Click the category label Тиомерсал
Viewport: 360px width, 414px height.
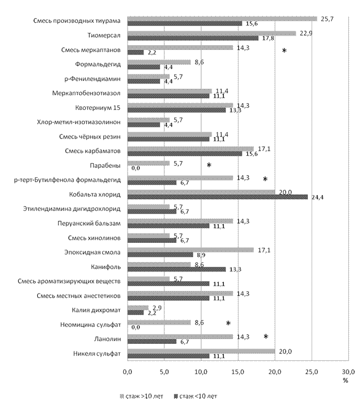(104, 36)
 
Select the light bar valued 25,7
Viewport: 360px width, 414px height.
(222, 19)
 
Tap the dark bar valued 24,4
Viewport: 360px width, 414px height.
(217, 197)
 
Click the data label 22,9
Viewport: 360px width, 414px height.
(306, 33)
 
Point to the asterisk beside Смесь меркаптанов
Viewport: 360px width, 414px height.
(284, 50)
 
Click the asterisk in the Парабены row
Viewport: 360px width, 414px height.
(209, 165)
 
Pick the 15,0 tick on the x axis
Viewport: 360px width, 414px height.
(238, 372)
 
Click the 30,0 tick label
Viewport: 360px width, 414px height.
(348, 372)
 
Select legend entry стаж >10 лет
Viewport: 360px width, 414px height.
(141, 396)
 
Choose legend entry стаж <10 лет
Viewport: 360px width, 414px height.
(196, 396)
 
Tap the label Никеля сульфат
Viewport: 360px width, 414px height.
(97, 353)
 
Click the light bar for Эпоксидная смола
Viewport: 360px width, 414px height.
(190, 250)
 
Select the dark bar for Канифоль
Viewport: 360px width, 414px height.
(177, 269)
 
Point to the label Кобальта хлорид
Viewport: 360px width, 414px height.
(95, 195)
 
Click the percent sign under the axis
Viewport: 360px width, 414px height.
(346, 381)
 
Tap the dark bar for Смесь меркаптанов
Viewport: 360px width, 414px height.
(136, 53)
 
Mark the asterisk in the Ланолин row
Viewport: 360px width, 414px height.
(266, 336)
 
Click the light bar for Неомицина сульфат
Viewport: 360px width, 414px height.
(159, 323)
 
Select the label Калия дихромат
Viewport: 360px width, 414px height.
(96, 310)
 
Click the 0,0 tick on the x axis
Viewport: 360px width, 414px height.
(128, 372)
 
